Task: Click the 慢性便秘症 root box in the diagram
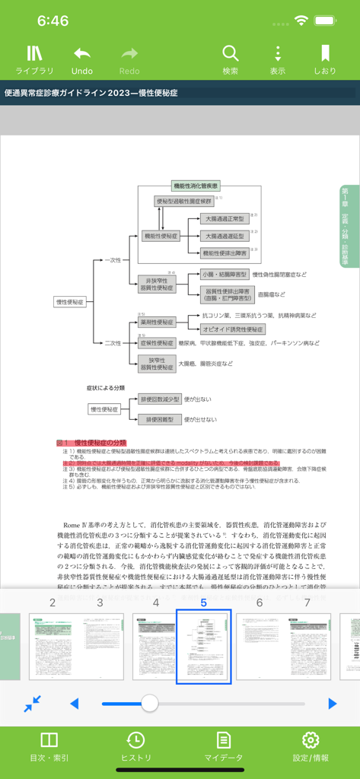click(x=71, y=302)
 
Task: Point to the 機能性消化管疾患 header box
click(x=196, y=186)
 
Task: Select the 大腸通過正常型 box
click(x=225, y=219)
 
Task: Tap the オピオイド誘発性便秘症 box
click(x=233, y=329)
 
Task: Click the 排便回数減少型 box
click(x=159, y=399)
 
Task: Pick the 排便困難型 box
click(x=159, y=419)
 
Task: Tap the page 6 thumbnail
click(x=260, y=646)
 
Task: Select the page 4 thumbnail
click(x=155, y=646)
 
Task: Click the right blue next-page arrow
click(x=332, y=704)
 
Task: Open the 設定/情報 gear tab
click(x=311, y=747)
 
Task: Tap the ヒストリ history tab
click(x=135, y=747)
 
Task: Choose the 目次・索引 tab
click(x=49, y=747)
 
